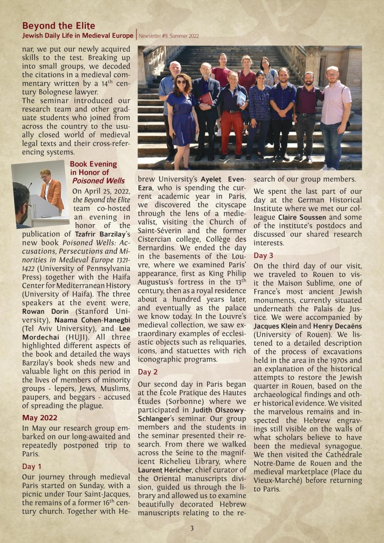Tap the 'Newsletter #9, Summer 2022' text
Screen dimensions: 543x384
(169, 36)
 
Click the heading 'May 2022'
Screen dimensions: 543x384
(40, 418)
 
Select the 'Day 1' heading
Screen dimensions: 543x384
(32, 466)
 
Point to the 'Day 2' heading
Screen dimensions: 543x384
(148, 372)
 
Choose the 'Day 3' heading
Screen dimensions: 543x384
(263, 255)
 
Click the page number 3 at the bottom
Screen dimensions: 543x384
(192, 528)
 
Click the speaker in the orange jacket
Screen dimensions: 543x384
(53, 191)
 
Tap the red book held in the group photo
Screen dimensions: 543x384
(206, 98)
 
